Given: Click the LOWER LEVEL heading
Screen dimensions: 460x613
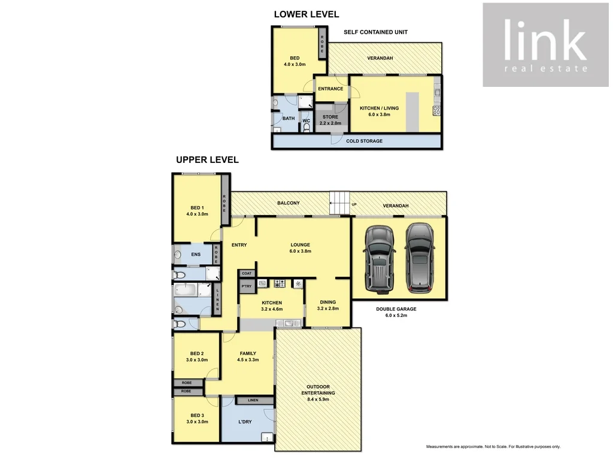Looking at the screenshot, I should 306,14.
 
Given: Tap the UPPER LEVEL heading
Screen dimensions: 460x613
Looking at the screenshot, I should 207,160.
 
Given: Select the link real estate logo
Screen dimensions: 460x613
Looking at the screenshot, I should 544,45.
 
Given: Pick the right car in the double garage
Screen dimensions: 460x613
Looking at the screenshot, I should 418,255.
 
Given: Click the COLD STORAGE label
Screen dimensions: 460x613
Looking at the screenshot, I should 364,141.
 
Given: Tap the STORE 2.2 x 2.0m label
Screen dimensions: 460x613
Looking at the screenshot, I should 331,120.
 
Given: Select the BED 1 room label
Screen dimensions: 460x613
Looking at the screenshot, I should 196,210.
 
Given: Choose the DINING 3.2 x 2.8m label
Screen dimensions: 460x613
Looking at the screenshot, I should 327,305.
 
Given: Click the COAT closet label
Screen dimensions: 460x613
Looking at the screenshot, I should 247,273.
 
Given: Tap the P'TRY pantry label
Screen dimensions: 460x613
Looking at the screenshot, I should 246,286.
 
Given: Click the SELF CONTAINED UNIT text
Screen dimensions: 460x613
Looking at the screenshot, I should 375,32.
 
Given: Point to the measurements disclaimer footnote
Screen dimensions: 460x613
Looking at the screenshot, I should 493,447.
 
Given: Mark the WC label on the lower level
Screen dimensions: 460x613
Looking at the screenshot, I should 306,121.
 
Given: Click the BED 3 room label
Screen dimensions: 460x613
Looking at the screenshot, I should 197,418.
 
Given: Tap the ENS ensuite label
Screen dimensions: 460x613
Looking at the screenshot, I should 196,255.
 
